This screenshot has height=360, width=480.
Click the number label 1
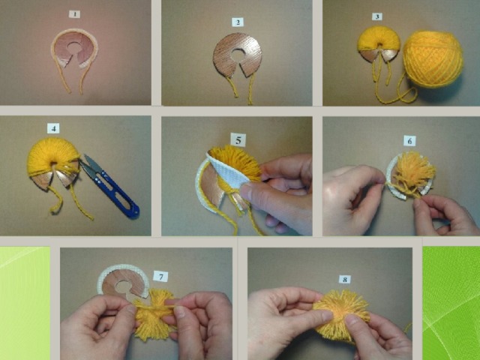74,14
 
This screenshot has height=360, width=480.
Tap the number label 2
238,22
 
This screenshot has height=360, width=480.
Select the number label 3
376,16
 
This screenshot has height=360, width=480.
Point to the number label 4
53,128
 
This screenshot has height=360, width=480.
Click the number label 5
238,140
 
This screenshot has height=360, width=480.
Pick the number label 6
409,141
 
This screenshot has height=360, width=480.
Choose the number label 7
161,277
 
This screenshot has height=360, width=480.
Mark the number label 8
345,280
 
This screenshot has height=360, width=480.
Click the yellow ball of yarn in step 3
433,59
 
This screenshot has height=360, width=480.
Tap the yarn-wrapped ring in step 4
52,162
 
